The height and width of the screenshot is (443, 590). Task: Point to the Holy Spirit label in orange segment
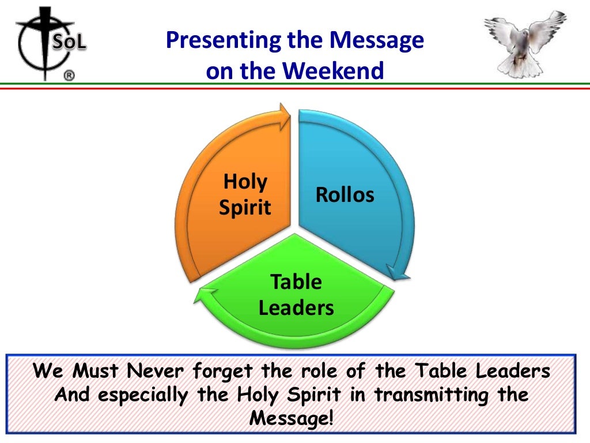[245, 194]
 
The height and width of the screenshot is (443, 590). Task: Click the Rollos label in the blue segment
[345, 194]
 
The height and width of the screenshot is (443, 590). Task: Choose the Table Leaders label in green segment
[296, 295]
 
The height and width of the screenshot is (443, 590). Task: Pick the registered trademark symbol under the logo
[69, 76]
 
